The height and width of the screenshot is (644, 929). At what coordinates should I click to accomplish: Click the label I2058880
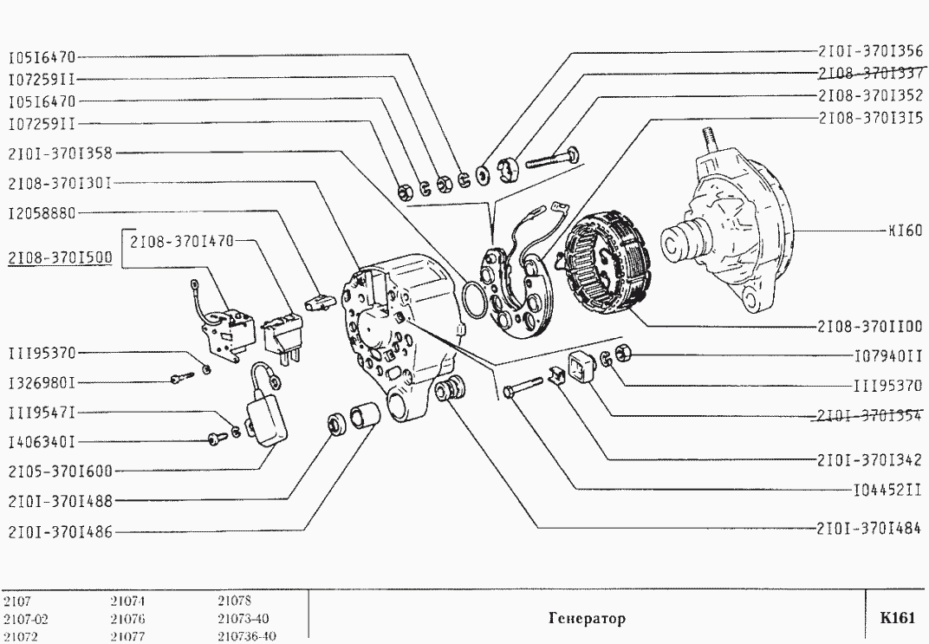42,211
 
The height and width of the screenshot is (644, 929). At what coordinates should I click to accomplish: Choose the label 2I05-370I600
59,472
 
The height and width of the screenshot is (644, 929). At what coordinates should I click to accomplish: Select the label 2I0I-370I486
59,531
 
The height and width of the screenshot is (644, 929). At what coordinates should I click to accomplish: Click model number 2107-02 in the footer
19,620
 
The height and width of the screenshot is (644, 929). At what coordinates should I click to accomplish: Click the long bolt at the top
553,159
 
